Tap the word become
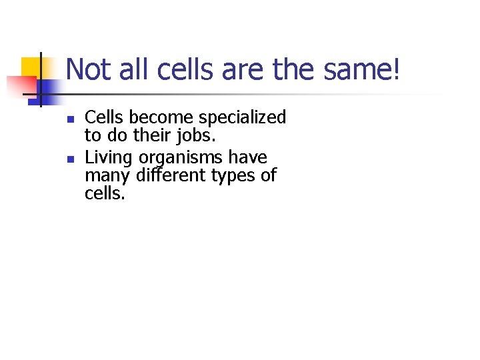coord(155,118)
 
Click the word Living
coord(109,157)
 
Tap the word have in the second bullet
coord(247,157)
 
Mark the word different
coord(168,176)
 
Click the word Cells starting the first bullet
coord(105,118)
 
